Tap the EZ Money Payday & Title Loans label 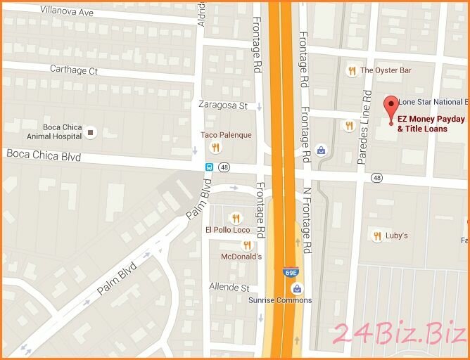coord(431,124)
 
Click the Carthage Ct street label coord(73,70)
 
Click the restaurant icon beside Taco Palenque coord(215,147)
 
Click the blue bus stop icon coord(208,167)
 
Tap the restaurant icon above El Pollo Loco coord(236,217)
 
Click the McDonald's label coord(241,257)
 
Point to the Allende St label coord(229,288)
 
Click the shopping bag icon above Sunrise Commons coord(298,288)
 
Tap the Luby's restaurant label coord(396,236)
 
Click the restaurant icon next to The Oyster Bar coord(351,70)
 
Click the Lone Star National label coord(433,102)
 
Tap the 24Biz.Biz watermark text coord(398,333)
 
